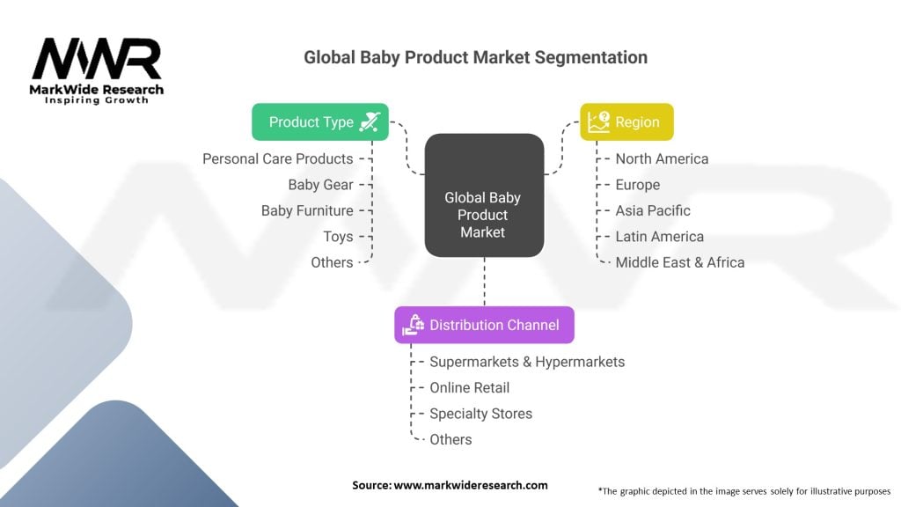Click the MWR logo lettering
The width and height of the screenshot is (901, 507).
tap(97, 59)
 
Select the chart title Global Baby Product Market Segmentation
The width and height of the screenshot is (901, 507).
tap(475, 57)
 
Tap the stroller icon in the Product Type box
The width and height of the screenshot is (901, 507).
tap(370, 121)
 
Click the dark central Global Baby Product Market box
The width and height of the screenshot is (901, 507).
tap(485, 195)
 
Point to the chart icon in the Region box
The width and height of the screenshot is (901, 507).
tap(598, 121)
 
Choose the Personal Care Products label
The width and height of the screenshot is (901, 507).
tap(277, 158)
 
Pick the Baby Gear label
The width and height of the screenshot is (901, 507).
tap(320, 185)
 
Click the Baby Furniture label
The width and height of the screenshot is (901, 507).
tap(307, 210)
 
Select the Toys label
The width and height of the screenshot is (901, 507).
tap(338, 236)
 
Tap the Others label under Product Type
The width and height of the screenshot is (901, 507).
tap(332, 262)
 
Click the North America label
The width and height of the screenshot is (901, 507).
tap(662, 158)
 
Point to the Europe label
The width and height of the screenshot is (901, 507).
tap(638, 185)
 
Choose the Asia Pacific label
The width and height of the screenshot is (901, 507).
tap(653, 210)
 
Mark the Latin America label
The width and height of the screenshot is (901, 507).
tap(660, 236)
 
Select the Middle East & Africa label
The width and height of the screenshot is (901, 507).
tap(680, 262)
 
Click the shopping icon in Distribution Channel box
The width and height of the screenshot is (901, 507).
tap(414, 325)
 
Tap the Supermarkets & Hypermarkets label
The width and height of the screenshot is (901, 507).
tap(527, 362)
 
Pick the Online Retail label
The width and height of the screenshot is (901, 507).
tap(470, 387)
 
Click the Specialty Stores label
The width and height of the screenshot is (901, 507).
tap(481, 414)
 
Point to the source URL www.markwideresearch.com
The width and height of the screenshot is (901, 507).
tap(471, 485)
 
